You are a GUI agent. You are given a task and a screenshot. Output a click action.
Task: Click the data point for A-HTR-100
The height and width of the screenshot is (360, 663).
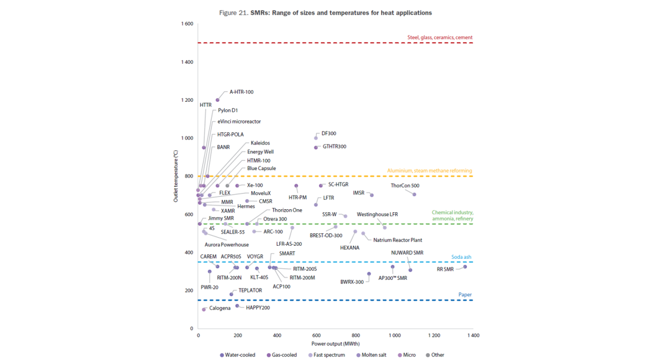[217, 100]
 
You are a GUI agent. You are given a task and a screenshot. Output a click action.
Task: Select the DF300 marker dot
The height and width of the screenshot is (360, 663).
[316, 138]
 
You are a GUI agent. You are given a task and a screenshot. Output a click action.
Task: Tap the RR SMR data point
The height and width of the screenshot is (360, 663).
[465, 267]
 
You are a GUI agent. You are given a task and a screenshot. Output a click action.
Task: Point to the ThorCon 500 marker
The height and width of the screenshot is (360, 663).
[414, 195]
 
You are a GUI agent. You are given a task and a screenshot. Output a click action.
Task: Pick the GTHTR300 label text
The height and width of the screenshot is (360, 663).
[335, 147]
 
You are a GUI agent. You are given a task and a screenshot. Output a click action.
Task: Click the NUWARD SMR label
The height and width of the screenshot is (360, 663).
[407, 253]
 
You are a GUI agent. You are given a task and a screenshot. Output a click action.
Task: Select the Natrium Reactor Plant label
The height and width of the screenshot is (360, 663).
[398, 240]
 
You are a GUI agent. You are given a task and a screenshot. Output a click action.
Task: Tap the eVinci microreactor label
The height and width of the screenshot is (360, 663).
[239, 122]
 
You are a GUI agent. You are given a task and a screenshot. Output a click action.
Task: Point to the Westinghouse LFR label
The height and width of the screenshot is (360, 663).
[377, 215]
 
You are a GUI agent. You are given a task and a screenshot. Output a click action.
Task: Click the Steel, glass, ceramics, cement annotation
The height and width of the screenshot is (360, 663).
[440, 38]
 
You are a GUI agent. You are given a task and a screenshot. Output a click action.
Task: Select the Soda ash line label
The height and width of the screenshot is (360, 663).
[461, 257]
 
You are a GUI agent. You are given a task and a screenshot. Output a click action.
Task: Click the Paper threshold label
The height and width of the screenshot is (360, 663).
[465, 295]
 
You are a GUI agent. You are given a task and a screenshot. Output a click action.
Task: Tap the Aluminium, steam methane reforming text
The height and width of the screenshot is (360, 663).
[430, 171]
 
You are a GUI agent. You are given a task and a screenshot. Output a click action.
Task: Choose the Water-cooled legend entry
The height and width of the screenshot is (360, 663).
[238, 355]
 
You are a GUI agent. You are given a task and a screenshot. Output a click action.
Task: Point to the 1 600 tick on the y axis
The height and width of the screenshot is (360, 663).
[187, 24]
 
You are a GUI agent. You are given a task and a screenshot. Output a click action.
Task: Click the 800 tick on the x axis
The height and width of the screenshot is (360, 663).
[355, 336]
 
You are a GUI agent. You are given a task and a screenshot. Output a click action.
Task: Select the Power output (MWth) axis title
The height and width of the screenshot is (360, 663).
[335, 343]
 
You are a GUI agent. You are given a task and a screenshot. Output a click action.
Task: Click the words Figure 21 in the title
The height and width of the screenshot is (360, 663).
[234, 13]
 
